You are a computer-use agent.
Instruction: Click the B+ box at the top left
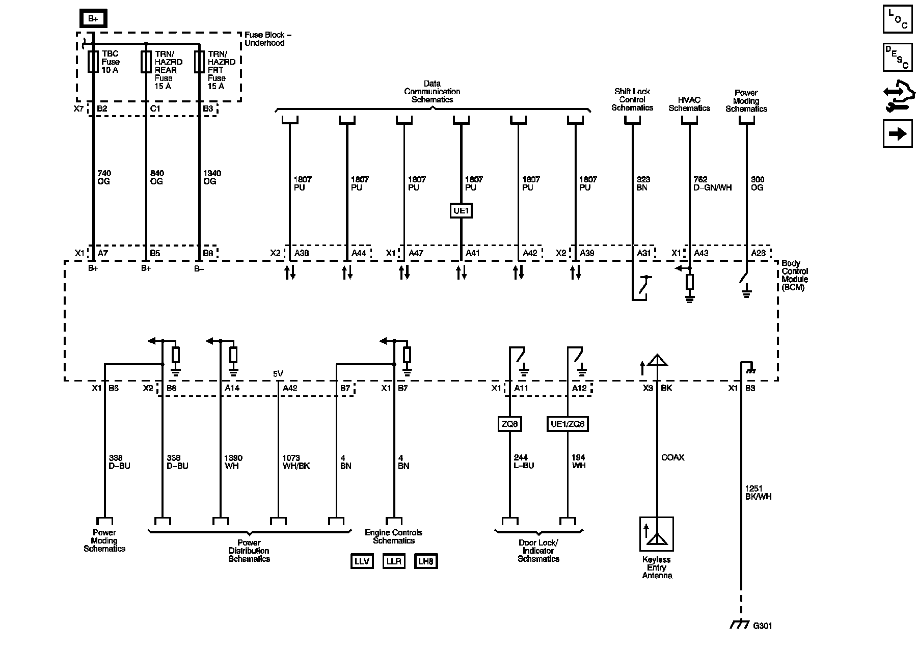[x=93, y=19]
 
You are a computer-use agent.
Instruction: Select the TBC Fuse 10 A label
[x=110, y=62]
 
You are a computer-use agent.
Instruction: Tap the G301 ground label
[x=762, y=626]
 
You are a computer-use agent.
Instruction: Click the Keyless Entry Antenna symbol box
[x=657, y=534]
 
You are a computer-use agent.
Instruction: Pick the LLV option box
[x=361, y=561]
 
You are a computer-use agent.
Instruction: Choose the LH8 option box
[x=425, y=561]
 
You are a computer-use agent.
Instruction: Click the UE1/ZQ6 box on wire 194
[x=567, y=424]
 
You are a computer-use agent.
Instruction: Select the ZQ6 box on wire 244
[x=509, y=424]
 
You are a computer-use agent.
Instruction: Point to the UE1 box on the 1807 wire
[x=461, y=210]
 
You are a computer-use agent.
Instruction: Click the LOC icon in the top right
[x=898, y=19]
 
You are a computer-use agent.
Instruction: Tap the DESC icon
[x=898, y=57]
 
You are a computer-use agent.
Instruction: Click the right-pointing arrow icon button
[x=898, y=134]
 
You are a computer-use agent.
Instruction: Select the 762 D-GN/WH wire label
[x=712, y=183]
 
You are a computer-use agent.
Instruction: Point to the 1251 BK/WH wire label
[x=758, y=492]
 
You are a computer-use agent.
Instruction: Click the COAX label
[x=672, y=457]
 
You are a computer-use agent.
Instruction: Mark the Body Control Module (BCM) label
[x=794, y=275]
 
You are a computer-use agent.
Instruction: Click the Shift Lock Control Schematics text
[x=632, y=99]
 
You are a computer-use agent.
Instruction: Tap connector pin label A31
[x=644, y=253]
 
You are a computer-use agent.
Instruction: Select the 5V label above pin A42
[x=278, y=374]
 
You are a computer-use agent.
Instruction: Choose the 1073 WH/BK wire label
[x=295, y=462]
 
